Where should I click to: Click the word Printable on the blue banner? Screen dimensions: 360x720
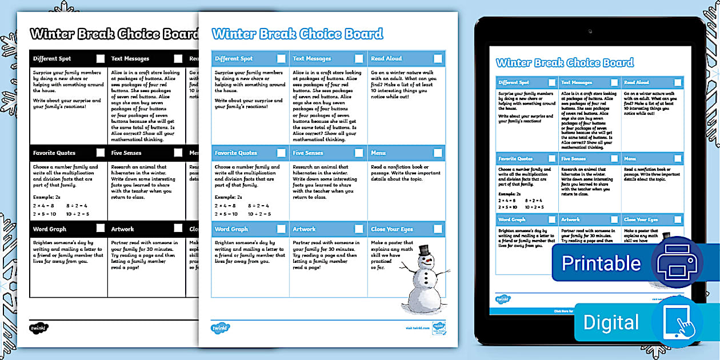pyautogui.click(x=601, y=263)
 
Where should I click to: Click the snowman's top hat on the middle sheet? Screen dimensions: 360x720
pyautogui.click(x=423, y=250)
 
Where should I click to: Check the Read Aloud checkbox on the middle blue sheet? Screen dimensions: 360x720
pyautogui.click(x=438, y=58)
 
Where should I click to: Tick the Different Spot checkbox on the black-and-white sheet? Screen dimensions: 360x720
pyautogui.click(x=101, y=58)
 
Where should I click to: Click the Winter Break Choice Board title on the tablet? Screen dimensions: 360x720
pyautogui.click(x=565, y=63)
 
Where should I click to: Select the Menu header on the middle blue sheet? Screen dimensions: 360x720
pyautogui.click(x=378, y=153)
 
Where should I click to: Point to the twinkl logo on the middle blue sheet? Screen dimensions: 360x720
pyautogui.click(x=220, y=328)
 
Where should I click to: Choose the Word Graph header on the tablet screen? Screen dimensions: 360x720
pyautogui.click(x=512, y=219)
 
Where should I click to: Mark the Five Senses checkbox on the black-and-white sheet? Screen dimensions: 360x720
pyautogui.click(x=178, y=153)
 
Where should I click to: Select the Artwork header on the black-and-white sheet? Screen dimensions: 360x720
pyautogui.click(x=123, y=229)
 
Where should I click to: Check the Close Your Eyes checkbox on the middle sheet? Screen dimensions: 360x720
pyautogui.click(x=438, y=229)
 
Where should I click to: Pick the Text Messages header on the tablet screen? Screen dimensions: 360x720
pyautogui.click(x=577, y=82)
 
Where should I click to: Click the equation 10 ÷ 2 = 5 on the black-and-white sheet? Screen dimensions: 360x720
pyautogui.click(x=78, y=214)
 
